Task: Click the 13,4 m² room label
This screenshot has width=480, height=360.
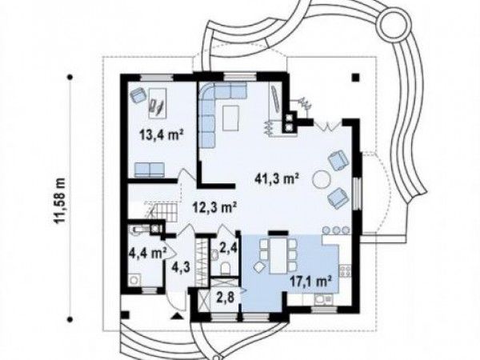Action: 162,134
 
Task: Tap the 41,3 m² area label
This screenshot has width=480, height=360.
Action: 277,178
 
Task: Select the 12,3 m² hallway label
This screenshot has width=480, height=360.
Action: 214,208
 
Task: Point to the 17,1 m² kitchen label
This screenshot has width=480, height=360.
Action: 311,280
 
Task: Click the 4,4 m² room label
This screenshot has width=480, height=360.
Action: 148,253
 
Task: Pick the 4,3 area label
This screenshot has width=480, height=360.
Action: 182,267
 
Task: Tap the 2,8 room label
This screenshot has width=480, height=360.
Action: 226,298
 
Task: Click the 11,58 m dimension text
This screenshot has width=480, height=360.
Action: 62,201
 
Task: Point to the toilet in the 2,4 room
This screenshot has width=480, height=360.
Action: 226,268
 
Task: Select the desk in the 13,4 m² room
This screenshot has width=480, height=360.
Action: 158,103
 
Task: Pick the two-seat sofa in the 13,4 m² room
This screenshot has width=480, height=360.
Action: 150,170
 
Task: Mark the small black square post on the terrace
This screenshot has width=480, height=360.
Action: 355,78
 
